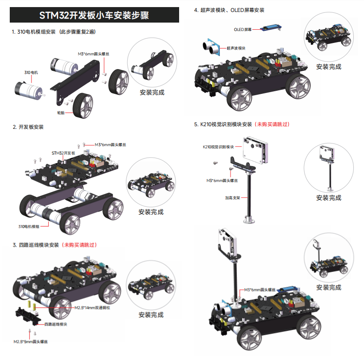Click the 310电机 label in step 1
pos(31,72)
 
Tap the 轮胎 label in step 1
pos(61,113)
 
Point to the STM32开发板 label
pos(64,153)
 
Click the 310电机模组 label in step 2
pos(29,226)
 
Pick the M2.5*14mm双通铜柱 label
pos(92,307)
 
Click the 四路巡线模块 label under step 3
pos(56,324)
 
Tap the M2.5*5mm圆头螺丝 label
pos(31,342)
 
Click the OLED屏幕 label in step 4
pos(243,30)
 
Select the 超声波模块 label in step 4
pos(236,48)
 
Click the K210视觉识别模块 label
pos(218,147)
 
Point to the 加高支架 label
pos(233,198)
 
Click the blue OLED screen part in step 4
pos(270,28)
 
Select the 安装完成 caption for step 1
pos(152,93)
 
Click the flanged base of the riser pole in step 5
pos(250,219)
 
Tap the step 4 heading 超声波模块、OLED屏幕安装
pos(229,10)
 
